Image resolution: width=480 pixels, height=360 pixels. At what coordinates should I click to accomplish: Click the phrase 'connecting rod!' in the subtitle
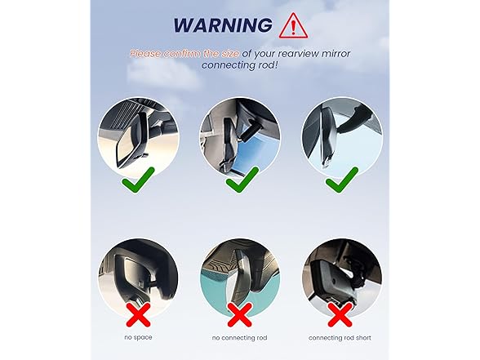(x=240, y=65)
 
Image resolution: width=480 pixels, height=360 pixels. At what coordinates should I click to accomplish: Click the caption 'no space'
(x=137, y=336)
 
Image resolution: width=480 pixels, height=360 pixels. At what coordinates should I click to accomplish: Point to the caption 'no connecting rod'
(x=240, y=336)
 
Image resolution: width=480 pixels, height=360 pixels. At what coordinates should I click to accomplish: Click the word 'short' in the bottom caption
(x=364, y=336)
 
